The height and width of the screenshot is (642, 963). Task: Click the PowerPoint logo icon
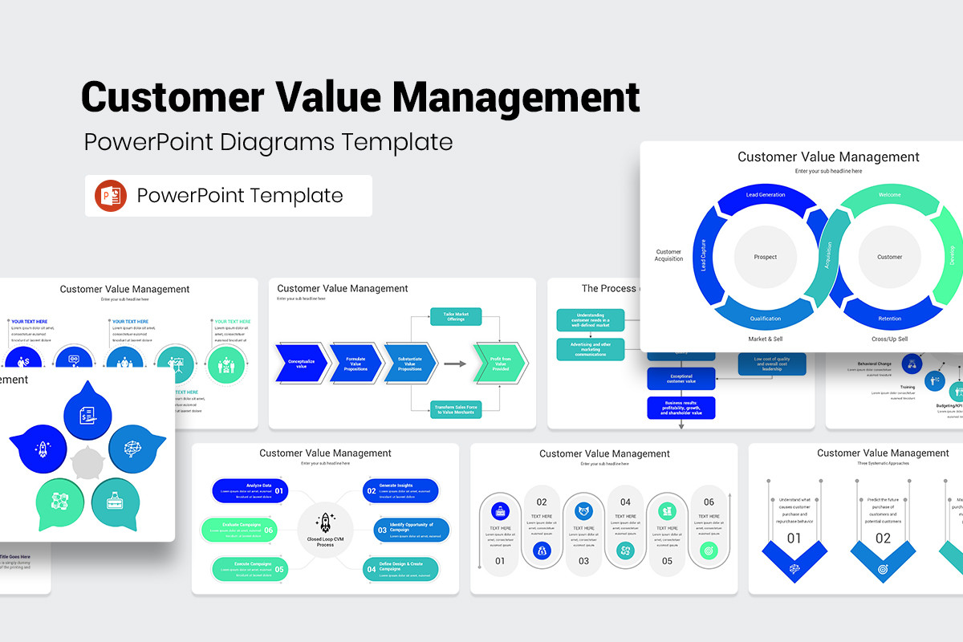111,196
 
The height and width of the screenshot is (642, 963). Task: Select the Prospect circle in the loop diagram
765,258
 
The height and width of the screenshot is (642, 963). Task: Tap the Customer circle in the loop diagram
889,258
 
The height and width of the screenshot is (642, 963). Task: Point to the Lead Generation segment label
765,195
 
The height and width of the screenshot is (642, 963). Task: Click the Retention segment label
889,319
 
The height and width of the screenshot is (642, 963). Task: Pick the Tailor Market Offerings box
455,317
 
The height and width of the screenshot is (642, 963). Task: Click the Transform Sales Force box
455,409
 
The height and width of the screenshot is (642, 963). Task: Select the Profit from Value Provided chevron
500,364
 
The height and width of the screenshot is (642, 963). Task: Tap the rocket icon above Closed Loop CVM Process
325,522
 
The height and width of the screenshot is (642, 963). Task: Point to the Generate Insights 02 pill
401,490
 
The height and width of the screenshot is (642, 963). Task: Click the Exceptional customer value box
681,377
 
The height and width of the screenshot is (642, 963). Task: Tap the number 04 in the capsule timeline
625,502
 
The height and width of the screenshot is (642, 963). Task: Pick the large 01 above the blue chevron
794,538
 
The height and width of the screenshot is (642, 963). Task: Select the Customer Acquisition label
668,255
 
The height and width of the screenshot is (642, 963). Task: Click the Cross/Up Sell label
890,339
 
